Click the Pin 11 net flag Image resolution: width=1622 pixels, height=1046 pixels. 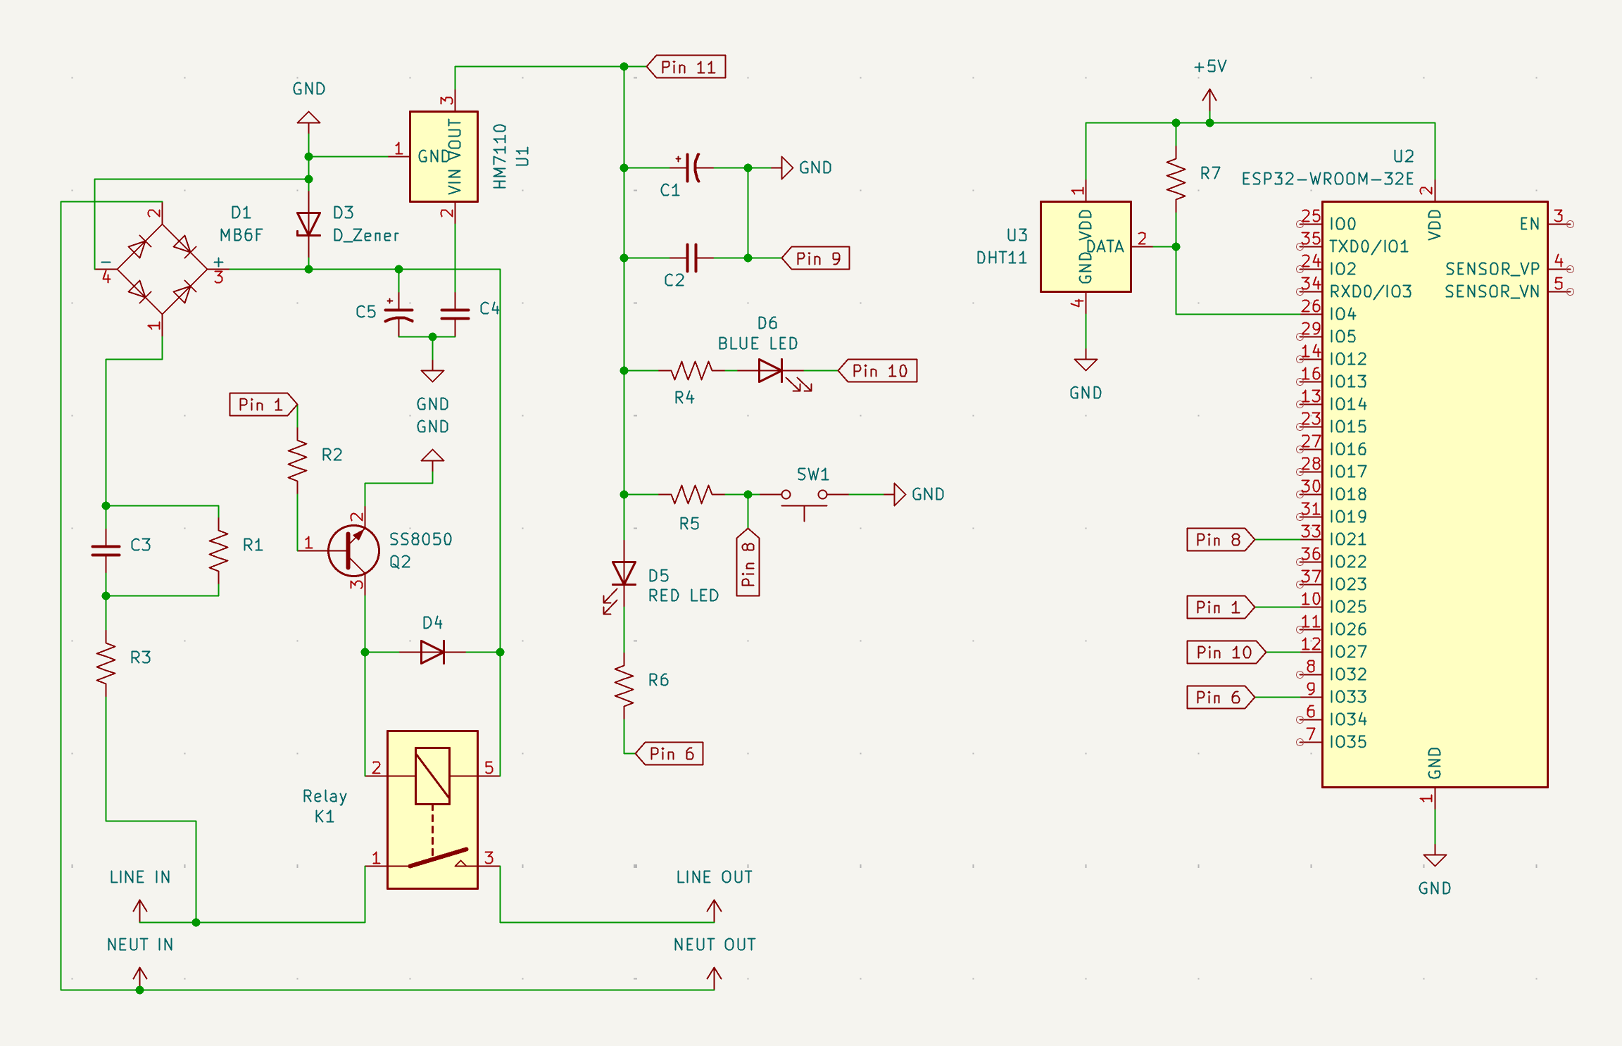point(686,67)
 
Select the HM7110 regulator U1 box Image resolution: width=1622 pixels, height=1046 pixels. point(444,156)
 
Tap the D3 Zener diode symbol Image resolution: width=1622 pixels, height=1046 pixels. point(308,225)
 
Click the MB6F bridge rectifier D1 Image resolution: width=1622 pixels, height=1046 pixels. point(162,269)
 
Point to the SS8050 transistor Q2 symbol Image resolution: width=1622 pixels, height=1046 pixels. point(353,550)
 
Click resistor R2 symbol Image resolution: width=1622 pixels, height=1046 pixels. point(297,460)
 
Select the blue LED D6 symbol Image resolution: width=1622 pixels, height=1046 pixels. point(771,371)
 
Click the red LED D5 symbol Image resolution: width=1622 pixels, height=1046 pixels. point(624,573)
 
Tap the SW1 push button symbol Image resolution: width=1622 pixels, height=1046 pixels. point(804,496)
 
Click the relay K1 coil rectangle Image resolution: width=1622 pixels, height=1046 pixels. point(432,776)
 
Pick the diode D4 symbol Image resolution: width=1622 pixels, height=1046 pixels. point(432,653)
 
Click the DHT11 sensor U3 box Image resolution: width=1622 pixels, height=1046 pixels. point(1086,246)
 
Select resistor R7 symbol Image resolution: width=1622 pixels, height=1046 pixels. point(1176,179)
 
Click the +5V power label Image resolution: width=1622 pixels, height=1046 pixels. point(1209,67)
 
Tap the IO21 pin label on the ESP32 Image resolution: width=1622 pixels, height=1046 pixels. point(1347,539)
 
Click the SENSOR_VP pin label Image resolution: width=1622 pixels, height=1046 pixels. point(1492,269)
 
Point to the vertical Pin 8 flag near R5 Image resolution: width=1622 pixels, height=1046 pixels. point(748,563)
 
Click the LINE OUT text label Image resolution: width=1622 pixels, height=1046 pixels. point(714,877)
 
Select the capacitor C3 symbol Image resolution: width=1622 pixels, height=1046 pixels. point(106,550)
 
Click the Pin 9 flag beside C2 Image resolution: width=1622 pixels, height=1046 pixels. point(817,258)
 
